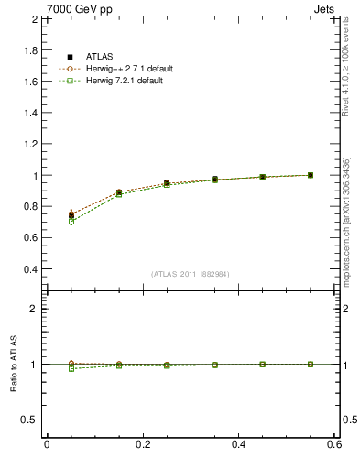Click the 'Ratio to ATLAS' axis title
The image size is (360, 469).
point(13,364)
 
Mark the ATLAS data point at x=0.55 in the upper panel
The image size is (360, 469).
point(311,175)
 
